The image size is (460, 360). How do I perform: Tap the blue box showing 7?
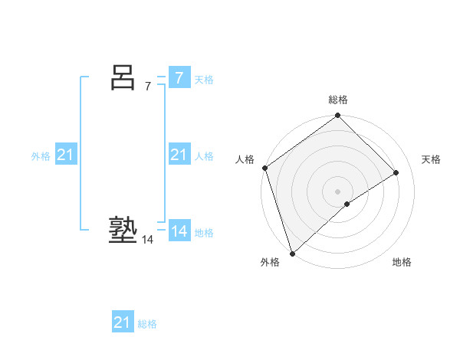179,78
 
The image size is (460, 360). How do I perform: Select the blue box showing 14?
179,231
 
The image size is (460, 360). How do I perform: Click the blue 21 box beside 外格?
66,155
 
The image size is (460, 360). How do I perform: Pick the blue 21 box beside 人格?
179,155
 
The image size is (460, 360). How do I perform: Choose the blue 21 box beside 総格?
122,322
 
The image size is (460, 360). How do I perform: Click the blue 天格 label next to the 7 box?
204,80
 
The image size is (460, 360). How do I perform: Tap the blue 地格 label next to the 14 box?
204,233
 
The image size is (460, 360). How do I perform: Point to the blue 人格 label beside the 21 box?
204,156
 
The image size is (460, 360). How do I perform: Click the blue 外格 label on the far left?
41,156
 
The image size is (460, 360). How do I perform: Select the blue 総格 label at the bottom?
147,324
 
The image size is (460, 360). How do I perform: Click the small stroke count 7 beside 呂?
148,87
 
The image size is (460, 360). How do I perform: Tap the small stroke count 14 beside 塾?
147,240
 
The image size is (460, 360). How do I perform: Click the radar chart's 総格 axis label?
338,100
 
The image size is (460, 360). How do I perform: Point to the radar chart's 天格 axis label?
432,159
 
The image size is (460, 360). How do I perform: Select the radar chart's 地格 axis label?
402,262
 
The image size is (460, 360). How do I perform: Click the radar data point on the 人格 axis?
264,168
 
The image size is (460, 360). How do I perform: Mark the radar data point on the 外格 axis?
292,254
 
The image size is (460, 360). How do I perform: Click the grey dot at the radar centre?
337,191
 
